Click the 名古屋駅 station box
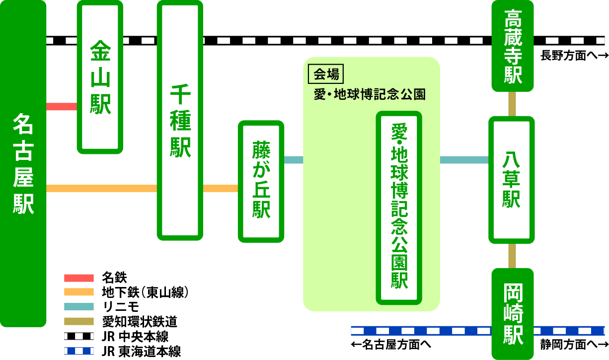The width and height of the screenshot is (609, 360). (23, 164)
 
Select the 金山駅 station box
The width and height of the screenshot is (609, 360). (100, 77)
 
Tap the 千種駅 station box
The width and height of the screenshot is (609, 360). (180, 121)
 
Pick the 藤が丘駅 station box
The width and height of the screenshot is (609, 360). (261, 181)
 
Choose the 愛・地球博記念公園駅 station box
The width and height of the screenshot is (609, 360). (399, 208)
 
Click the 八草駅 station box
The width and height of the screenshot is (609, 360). (512, 180)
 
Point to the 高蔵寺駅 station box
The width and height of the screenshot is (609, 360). (513, 46)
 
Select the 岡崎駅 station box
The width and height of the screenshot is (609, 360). (513, 314)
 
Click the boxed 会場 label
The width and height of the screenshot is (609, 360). (326, 74)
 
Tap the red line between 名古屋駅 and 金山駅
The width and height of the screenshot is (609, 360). (62, 107)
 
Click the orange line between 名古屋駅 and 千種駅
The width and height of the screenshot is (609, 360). (101, 188)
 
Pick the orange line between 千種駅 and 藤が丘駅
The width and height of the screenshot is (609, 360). (220, 188)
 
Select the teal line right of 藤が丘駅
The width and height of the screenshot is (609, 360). (294, 160)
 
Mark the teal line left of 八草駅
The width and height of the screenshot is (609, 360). (464, 160)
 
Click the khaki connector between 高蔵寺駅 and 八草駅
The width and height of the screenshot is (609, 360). (512, 104)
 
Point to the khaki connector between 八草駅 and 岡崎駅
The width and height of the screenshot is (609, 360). (512, 256)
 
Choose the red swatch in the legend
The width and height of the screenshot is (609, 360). (79, 278)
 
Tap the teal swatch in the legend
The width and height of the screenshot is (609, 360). (79, 307)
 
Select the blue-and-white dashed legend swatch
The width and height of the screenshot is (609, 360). (79, 351)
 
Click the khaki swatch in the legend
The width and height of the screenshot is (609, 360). (79, 321)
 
